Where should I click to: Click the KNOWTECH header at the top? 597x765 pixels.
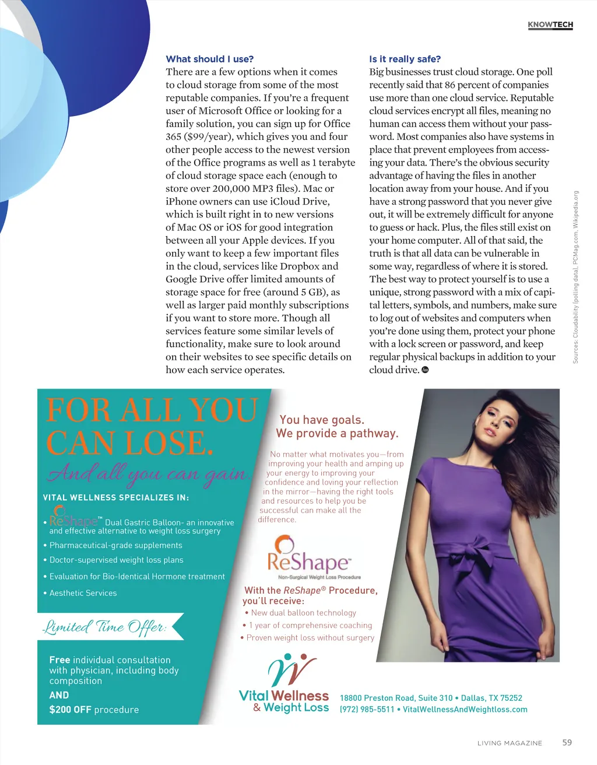pos(550,24)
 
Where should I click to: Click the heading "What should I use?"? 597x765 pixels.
pos(209,59)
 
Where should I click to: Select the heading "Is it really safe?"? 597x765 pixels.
pos(405,59)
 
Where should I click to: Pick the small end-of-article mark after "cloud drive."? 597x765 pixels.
pos(425,370)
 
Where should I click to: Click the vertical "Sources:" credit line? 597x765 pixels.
pos(575,278)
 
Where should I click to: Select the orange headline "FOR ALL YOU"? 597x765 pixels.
pos(152,410)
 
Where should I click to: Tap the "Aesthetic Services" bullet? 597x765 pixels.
pos(83,593)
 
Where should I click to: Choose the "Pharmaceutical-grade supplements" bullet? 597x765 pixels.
pos(115,545)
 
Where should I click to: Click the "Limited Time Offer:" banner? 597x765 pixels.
pos(105,627)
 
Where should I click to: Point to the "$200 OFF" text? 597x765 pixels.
pos(70,710)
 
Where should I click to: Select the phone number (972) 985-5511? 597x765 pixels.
pos(367,710)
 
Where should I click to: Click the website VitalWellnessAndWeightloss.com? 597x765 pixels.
pos(465,710)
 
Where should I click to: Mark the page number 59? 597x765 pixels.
pos(567,743)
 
